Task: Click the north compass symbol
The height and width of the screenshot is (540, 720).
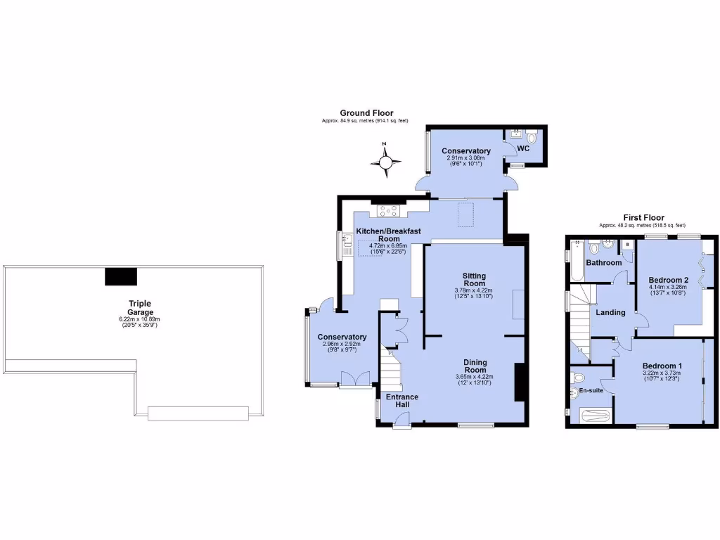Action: (385, 162)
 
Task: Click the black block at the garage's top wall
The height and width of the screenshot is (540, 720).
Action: (121, 276)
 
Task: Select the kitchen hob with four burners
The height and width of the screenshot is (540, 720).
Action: (388, 209)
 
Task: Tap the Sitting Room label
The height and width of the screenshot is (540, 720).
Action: (475, 280)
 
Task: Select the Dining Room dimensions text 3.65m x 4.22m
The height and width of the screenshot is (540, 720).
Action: (475, 376)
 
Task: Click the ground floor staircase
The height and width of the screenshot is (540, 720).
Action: (390, 366)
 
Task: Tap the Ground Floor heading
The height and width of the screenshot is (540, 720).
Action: (366, 112)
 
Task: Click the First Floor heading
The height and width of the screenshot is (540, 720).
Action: (643, 218)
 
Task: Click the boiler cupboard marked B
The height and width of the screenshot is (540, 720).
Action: (626, 245)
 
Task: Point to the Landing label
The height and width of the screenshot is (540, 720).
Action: (610, 312)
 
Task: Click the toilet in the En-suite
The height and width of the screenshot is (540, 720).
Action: (577, 378)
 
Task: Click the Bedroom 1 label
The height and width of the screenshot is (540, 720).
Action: (662, 366)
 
